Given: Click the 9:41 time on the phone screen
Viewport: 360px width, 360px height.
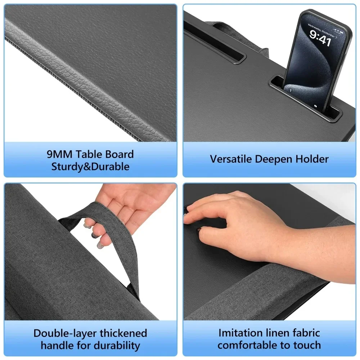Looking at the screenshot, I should pyautogui.click(x=320, y=38).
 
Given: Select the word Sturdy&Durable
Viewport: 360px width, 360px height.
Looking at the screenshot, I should pyautogui.click(x=90, y=167).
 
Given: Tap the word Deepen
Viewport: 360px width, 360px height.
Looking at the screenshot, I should pyautogui.click(x=275, y=159).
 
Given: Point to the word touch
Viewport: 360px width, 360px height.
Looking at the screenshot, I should pyautogui.click(x=306, y=345).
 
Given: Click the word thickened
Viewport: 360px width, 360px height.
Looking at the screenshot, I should pyautogui.click(x=123, y=333).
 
